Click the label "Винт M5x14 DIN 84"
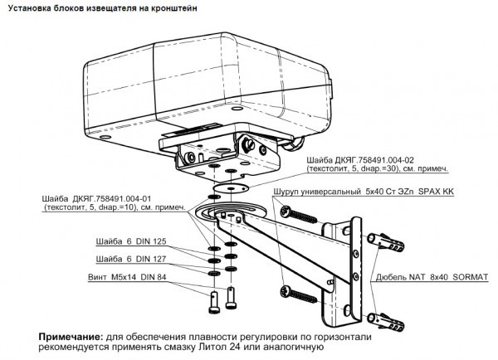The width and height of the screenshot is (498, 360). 126,278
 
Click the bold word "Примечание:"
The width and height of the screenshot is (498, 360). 71,337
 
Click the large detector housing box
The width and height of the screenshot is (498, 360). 207,83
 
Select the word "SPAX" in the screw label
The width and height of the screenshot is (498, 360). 428,190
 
